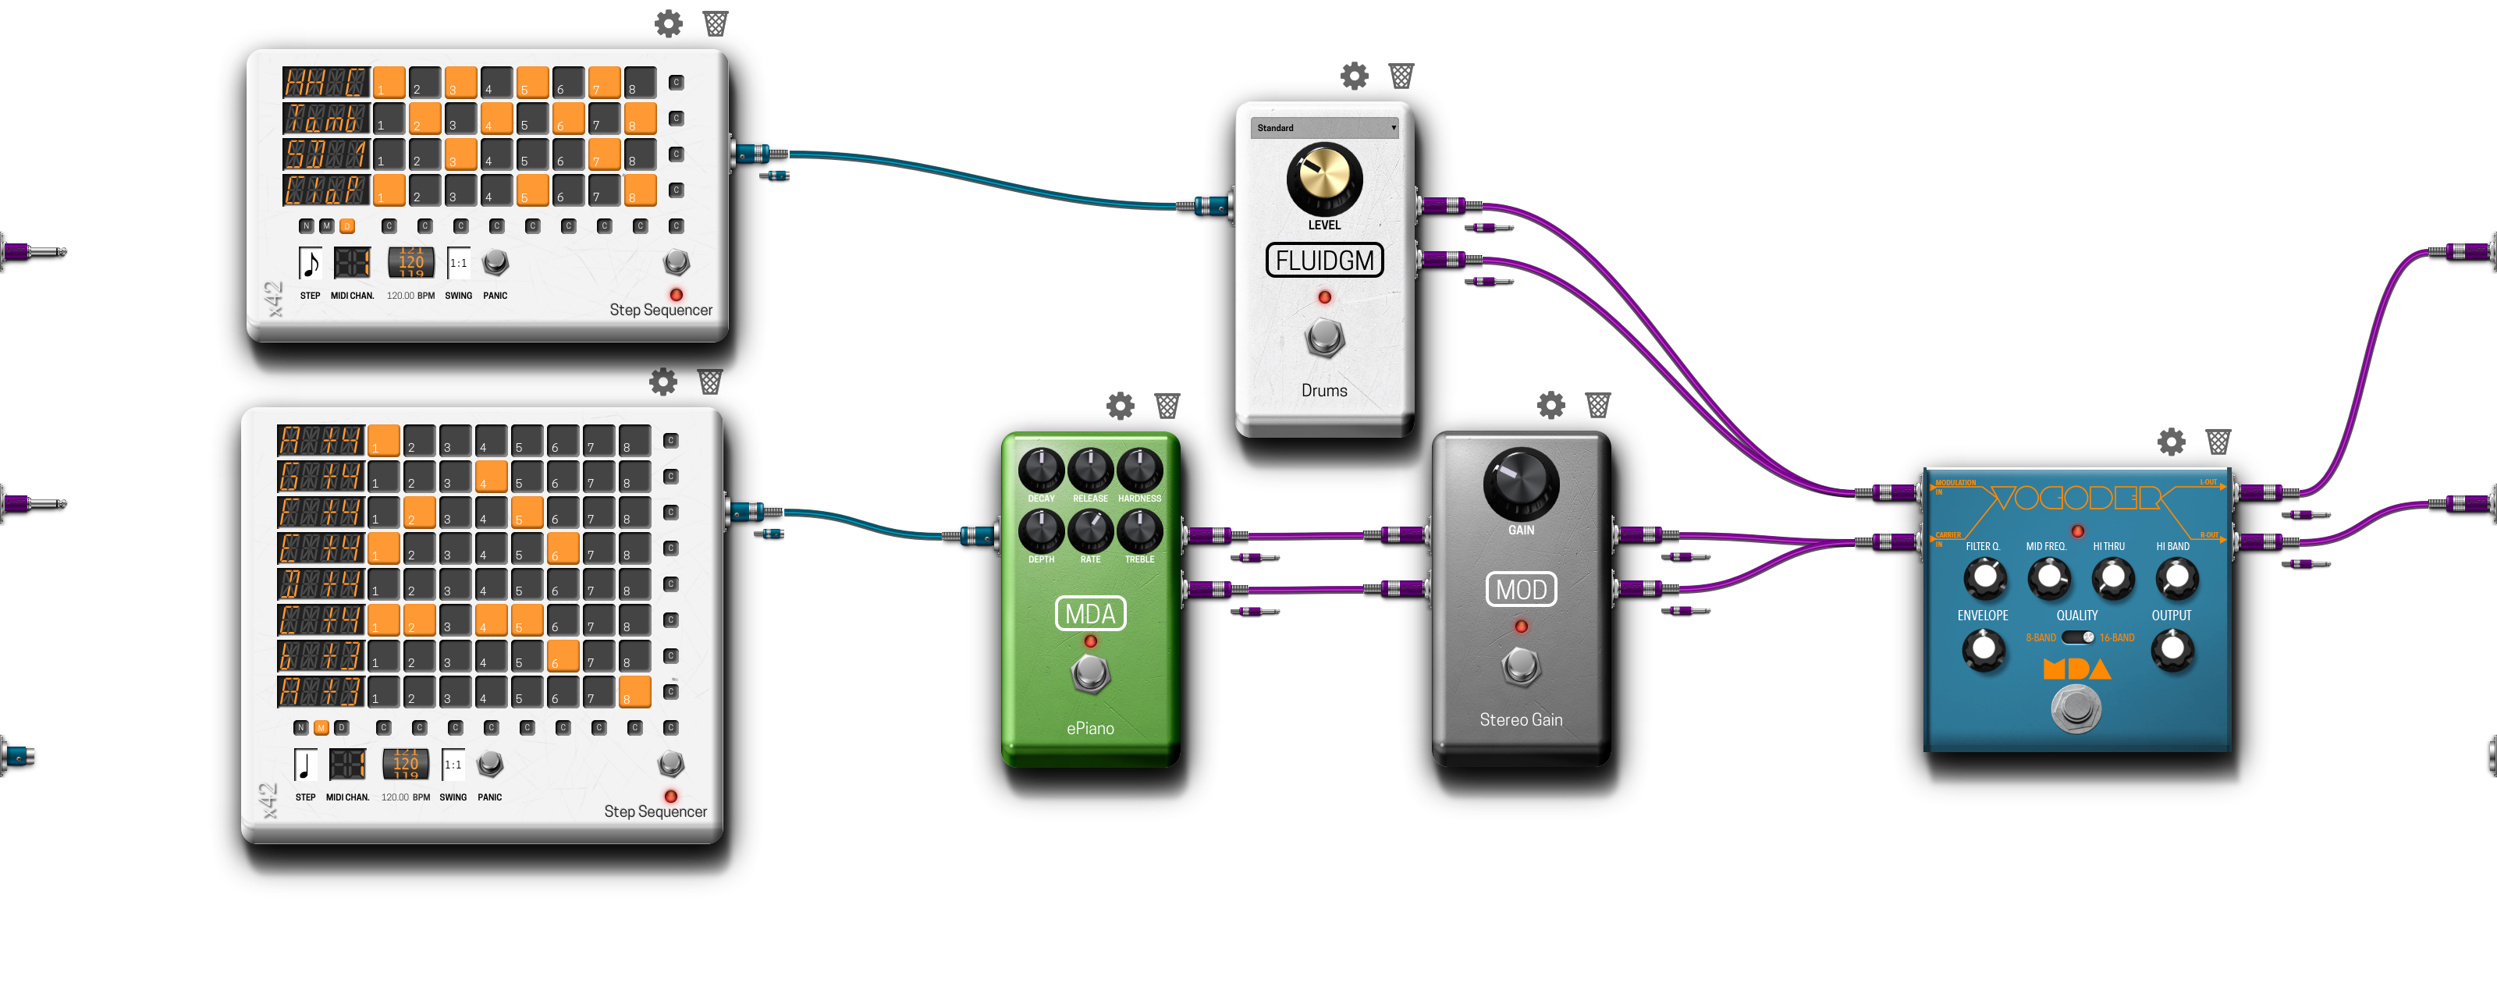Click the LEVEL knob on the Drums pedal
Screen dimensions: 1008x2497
pos(1324,179)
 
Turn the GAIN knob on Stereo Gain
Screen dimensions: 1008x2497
pos(1521,484)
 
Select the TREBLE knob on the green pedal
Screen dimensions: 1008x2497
pos(1140,531)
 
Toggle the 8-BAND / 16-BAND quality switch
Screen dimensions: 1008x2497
pos(2077,637)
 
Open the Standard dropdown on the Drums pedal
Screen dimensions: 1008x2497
pos(1324,128)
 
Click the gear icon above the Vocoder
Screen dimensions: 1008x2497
pos(2172,442)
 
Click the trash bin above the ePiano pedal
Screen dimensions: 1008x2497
pos(1167,405)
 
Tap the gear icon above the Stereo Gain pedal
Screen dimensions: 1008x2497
pos(1551,405)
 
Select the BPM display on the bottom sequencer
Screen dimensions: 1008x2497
pos(405,764)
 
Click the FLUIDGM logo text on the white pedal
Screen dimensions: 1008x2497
pos(1324,261)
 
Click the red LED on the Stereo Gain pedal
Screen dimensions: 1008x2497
pos(1521,627)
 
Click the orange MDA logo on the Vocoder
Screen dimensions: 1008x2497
pos(2076,669)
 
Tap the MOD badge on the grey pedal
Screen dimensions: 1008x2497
pos(1521,589)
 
